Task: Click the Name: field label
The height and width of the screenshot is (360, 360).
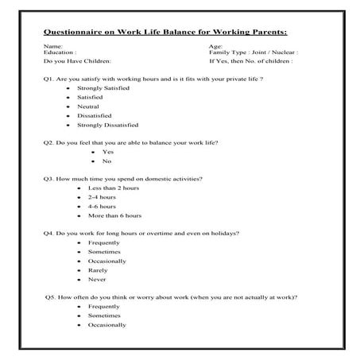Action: [52, 47]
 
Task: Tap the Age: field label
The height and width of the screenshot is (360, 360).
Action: [215, 47]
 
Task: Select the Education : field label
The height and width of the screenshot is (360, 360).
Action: [60, 52]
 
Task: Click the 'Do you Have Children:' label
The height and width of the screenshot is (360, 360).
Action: [78, 60]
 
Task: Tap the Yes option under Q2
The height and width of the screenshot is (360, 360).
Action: [108, 151]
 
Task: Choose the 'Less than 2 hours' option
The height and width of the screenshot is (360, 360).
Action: [114, 188]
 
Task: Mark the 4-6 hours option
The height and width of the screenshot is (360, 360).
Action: [101, 206]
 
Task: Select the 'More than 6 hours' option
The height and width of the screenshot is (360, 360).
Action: [114, 215]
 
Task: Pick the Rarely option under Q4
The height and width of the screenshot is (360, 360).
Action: [97, 270]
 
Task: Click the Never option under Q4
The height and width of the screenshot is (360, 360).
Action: [96, 280]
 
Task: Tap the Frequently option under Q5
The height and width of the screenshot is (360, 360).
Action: [104, 306]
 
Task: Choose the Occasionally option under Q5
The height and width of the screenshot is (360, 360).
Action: [106, 324]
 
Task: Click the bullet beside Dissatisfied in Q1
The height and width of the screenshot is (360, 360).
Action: [69, 116]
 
